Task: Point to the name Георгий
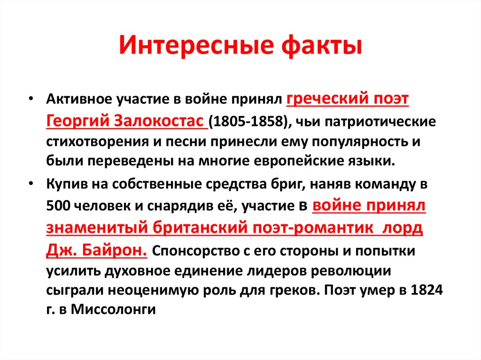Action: [77, 121]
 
